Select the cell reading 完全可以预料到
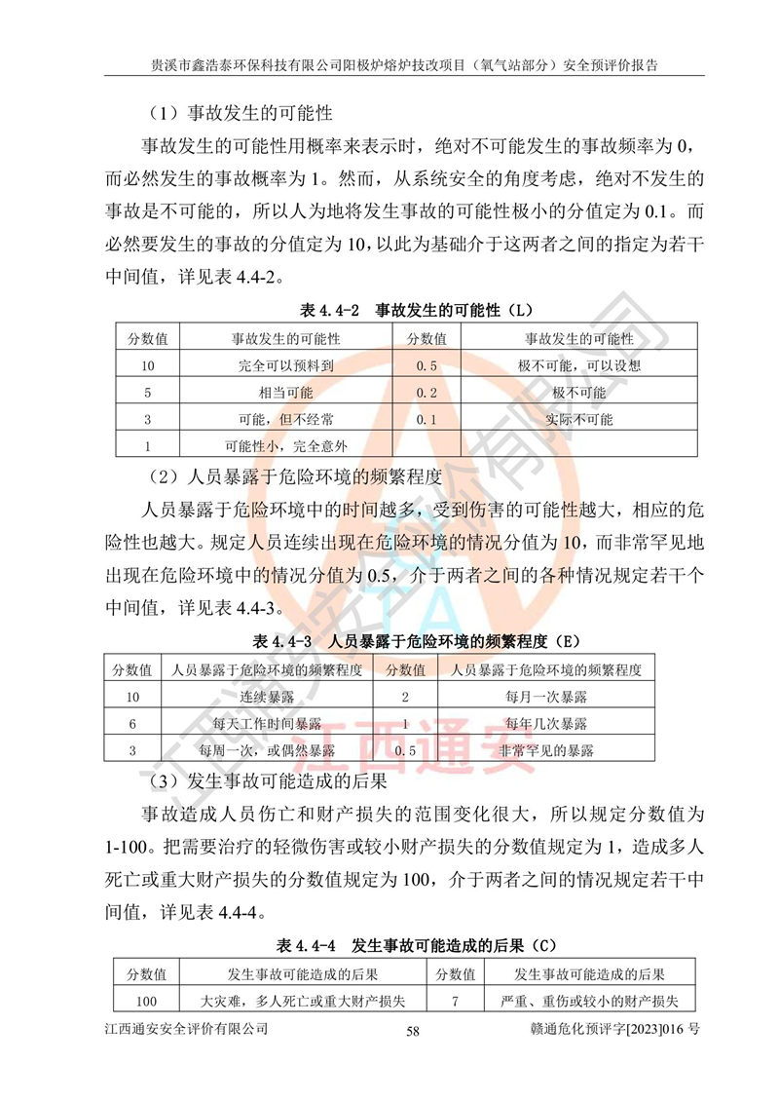point(285,366)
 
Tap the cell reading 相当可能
point(285,393)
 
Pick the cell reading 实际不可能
point(579,419)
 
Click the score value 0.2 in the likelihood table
point(426,393)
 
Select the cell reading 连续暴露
point(267,698)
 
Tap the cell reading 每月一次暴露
point(545,698)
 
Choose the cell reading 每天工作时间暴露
point(267,724)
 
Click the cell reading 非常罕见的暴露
point(545,750)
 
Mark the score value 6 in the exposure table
point(132,724)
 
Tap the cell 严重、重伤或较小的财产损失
point(589,1001)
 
